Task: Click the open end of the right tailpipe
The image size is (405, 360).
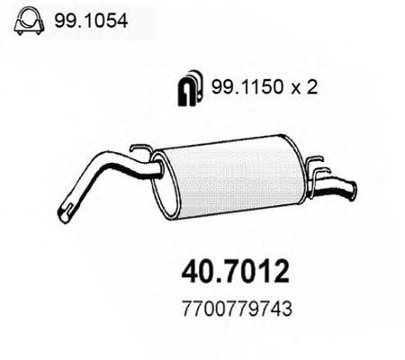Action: click(352, 189)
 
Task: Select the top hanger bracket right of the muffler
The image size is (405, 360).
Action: click(316, 164)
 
